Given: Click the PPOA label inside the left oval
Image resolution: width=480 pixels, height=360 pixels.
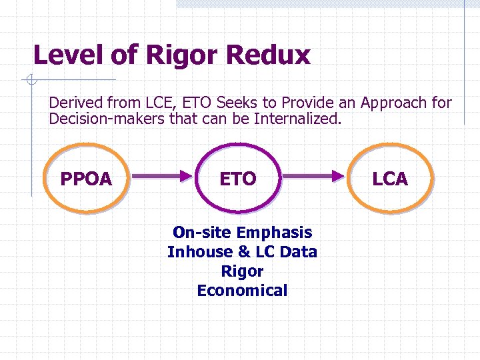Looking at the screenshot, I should [x=86, y=179].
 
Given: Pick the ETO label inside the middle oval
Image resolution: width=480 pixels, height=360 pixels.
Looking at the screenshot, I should [x=238, y=179].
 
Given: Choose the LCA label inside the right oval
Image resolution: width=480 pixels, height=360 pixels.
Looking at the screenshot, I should [x=390, y=179].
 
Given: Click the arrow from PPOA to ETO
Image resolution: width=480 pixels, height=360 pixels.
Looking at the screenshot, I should [x=162, y=177].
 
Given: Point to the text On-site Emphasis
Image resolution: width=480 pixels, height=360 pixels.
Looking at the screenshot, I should [x=242, y=233].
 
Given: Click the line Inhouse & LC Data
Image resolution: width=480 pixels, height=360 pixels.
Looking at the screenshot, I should [x=242, y=252].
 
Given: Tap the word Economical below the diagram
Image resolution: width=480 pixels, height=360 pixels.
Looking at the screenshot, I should [x=242, y=291].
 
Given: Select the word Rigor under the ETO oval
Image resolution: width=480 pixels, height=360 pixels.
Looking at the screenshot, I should [x=242, y=271].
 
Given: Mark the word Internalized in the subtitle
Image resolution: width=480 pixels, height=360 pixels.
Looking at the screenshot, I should [x=301, y=120].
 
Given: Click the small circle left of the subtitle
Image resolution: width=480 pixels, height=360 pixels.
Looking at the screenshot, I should [x=29, y=81].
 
